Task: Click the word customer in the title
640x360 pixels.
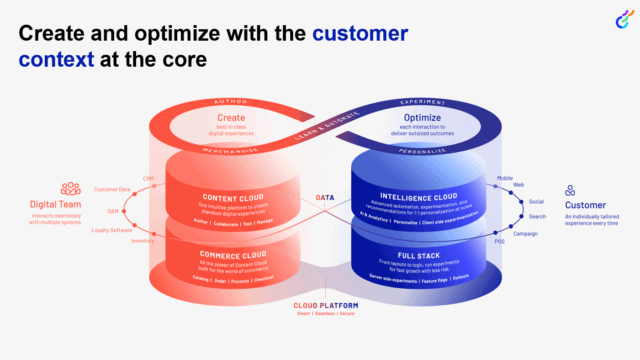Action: coord(360,34)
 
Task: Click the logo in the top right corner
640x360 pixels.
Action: coord(616,19)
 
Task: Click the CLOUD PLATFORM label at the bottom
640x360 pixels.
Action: coord(321,304)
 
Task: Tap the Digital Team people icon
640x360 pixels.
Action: coord(70,188)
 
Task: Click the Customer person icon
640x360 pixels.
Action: coord(569,190)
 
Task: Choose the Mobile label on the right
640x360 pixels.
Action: coord(504,178)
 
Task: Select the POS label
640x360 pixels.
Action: coord(499,241)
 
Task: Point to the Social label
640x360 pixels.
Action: coord(536,201)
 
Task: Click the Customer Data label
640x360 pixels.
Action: coord(112,189)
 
